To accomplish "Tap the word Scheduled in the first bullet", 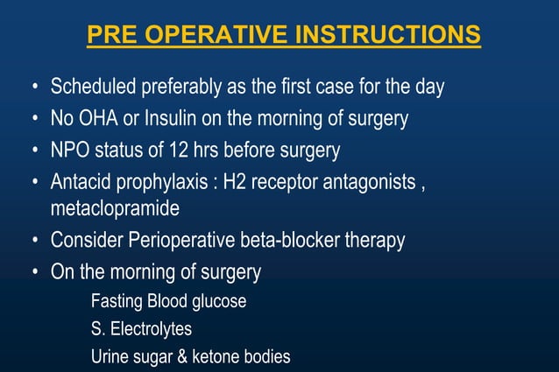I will pyautogui.click(x=90, y=88).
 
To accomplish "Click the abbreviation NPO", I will pyautogui.click(x=69, y=150).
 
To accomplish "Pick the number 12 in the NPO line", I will pyautogui.click(x=170, y=150).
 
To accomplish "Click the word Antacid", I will pyautogui.click(x=81, y=181).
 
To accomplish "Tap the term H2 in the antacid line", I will pyautogui.click(x=237, y=181).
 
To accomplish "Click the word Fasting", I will pyautogui.click(x=117, y=302).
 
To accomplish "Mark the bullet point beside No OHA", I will pyautogui.click(x=33, y=119).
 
